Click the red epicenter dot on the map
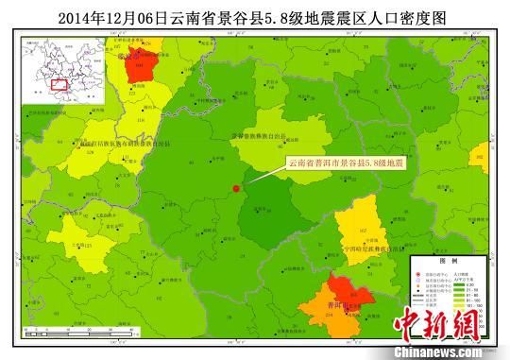tap(235, 189)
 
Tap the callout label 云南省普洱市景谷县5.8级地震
tap(345, 163)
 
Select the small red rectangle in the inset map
tap(59, 84)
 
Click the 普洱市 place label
tap(333, 306)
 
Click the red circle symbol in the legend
tap(418, 272)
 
